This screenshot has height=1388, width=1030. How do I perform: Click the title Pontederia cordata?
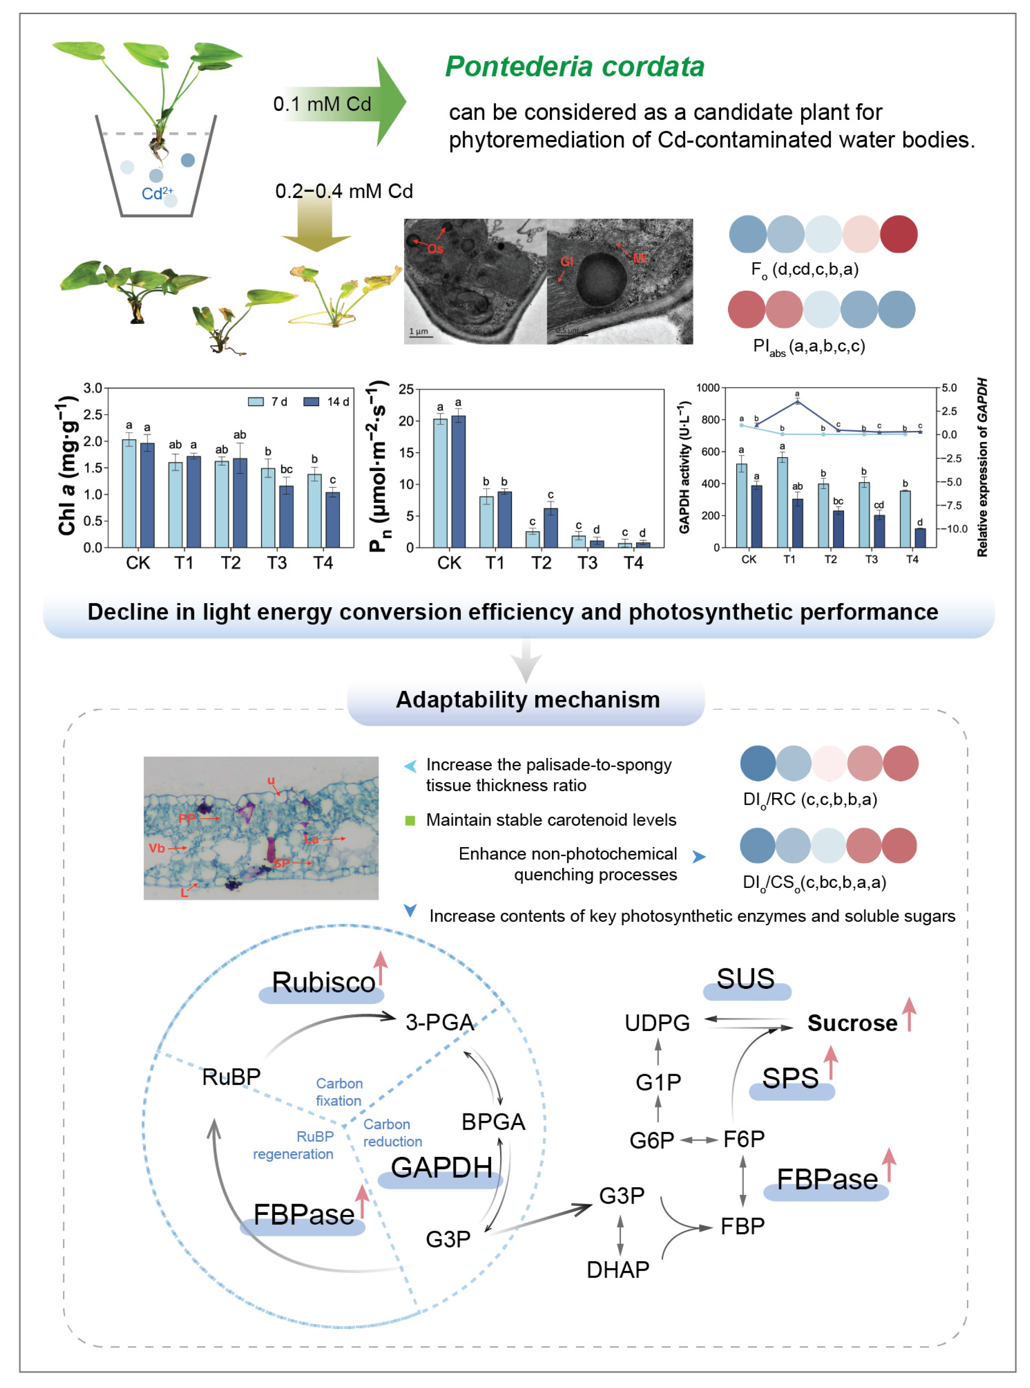point(574,66)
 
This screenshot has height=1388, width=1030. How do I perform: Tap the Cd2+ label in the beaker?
point(157,193)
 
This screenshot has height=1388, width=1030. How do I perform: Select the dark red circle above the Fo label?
point(898,234)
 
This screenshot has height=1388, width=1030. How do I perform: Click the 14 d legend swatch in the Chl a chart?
point(311,402)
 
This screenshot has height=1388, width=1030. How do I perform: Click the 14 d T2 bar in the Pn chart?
point(550,527)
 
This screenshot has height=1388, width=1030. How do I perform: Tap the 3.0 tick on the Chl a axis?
point(92,388)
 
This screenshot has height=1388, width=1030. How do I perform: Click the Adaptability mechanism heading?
point(527,699)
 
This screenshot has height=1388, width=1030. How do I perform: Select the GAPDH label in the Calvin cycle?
point(441,1167)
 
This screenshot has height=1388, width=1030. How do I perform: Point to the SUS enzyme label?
point(745,978)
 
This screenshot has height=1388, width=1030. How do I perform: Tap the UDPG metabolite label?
point(657,1023)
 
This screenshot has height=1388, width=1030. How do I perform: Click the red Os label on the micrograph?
point(435,249)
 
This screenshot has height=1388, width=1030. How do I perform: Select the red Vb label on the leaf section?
point(157,848)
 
